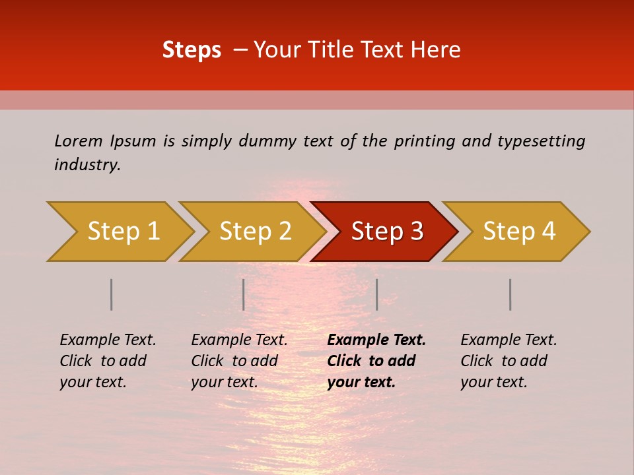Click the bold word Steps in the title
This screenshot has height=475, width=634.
[192, 50]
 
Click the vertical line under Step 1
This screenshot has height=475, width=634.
[112, 294]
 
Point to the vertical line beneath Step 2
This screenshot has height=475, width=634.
[244, 294]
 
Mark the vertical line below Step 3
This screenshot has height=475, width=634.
[376, 294]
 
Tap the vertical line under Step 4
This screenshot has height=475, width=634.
[510, 294]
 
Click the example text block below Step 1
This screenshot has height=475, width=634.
[108, 361]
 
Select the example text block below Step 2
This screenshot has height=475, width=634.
[239, 361]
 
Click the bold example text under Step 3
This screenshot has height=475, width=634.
[376, 361]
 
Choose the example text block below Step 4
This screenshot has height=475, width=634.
[509, 361]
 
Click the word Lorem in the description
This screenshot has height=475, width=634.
[79, 141]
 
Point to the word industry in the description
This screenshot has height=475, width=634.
[87, 165]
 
